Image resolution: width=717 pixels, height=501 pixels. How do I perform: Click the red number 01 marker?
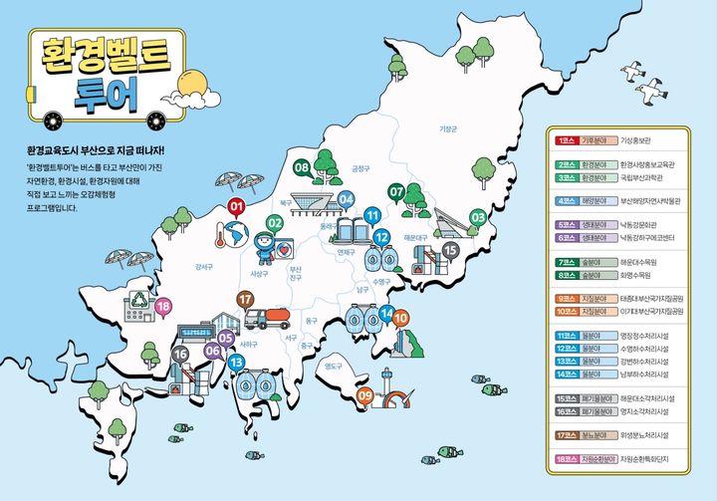point(237,207)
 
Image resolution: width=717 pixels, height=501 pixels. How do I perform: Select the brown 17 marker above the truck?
point(245,299)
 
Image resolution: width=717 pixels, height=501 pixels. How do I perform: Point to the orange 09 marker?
point(365,396)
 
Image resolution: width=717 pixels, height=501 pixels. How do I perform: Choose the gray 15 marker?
point(450,249)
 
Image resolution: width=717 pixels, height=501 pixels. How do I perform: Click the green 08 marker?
point(302,169)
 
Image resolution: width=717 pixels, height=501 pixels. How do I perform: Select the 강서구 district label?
point(204,266)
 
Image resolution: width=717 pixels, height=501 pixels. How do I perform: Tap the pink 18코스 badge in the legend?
point(569,460)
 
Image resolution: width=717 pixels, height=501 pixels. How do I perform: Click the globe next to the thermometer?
point(237,234)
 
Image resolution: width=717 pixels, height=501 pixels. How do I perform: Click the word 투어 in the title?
point(106,92)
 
